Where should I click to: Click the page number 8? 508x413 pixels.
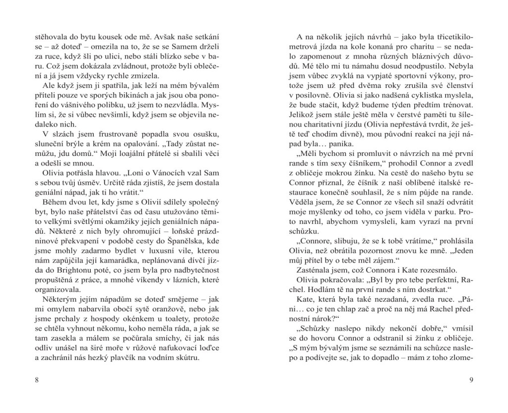[x=37, y=380]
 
